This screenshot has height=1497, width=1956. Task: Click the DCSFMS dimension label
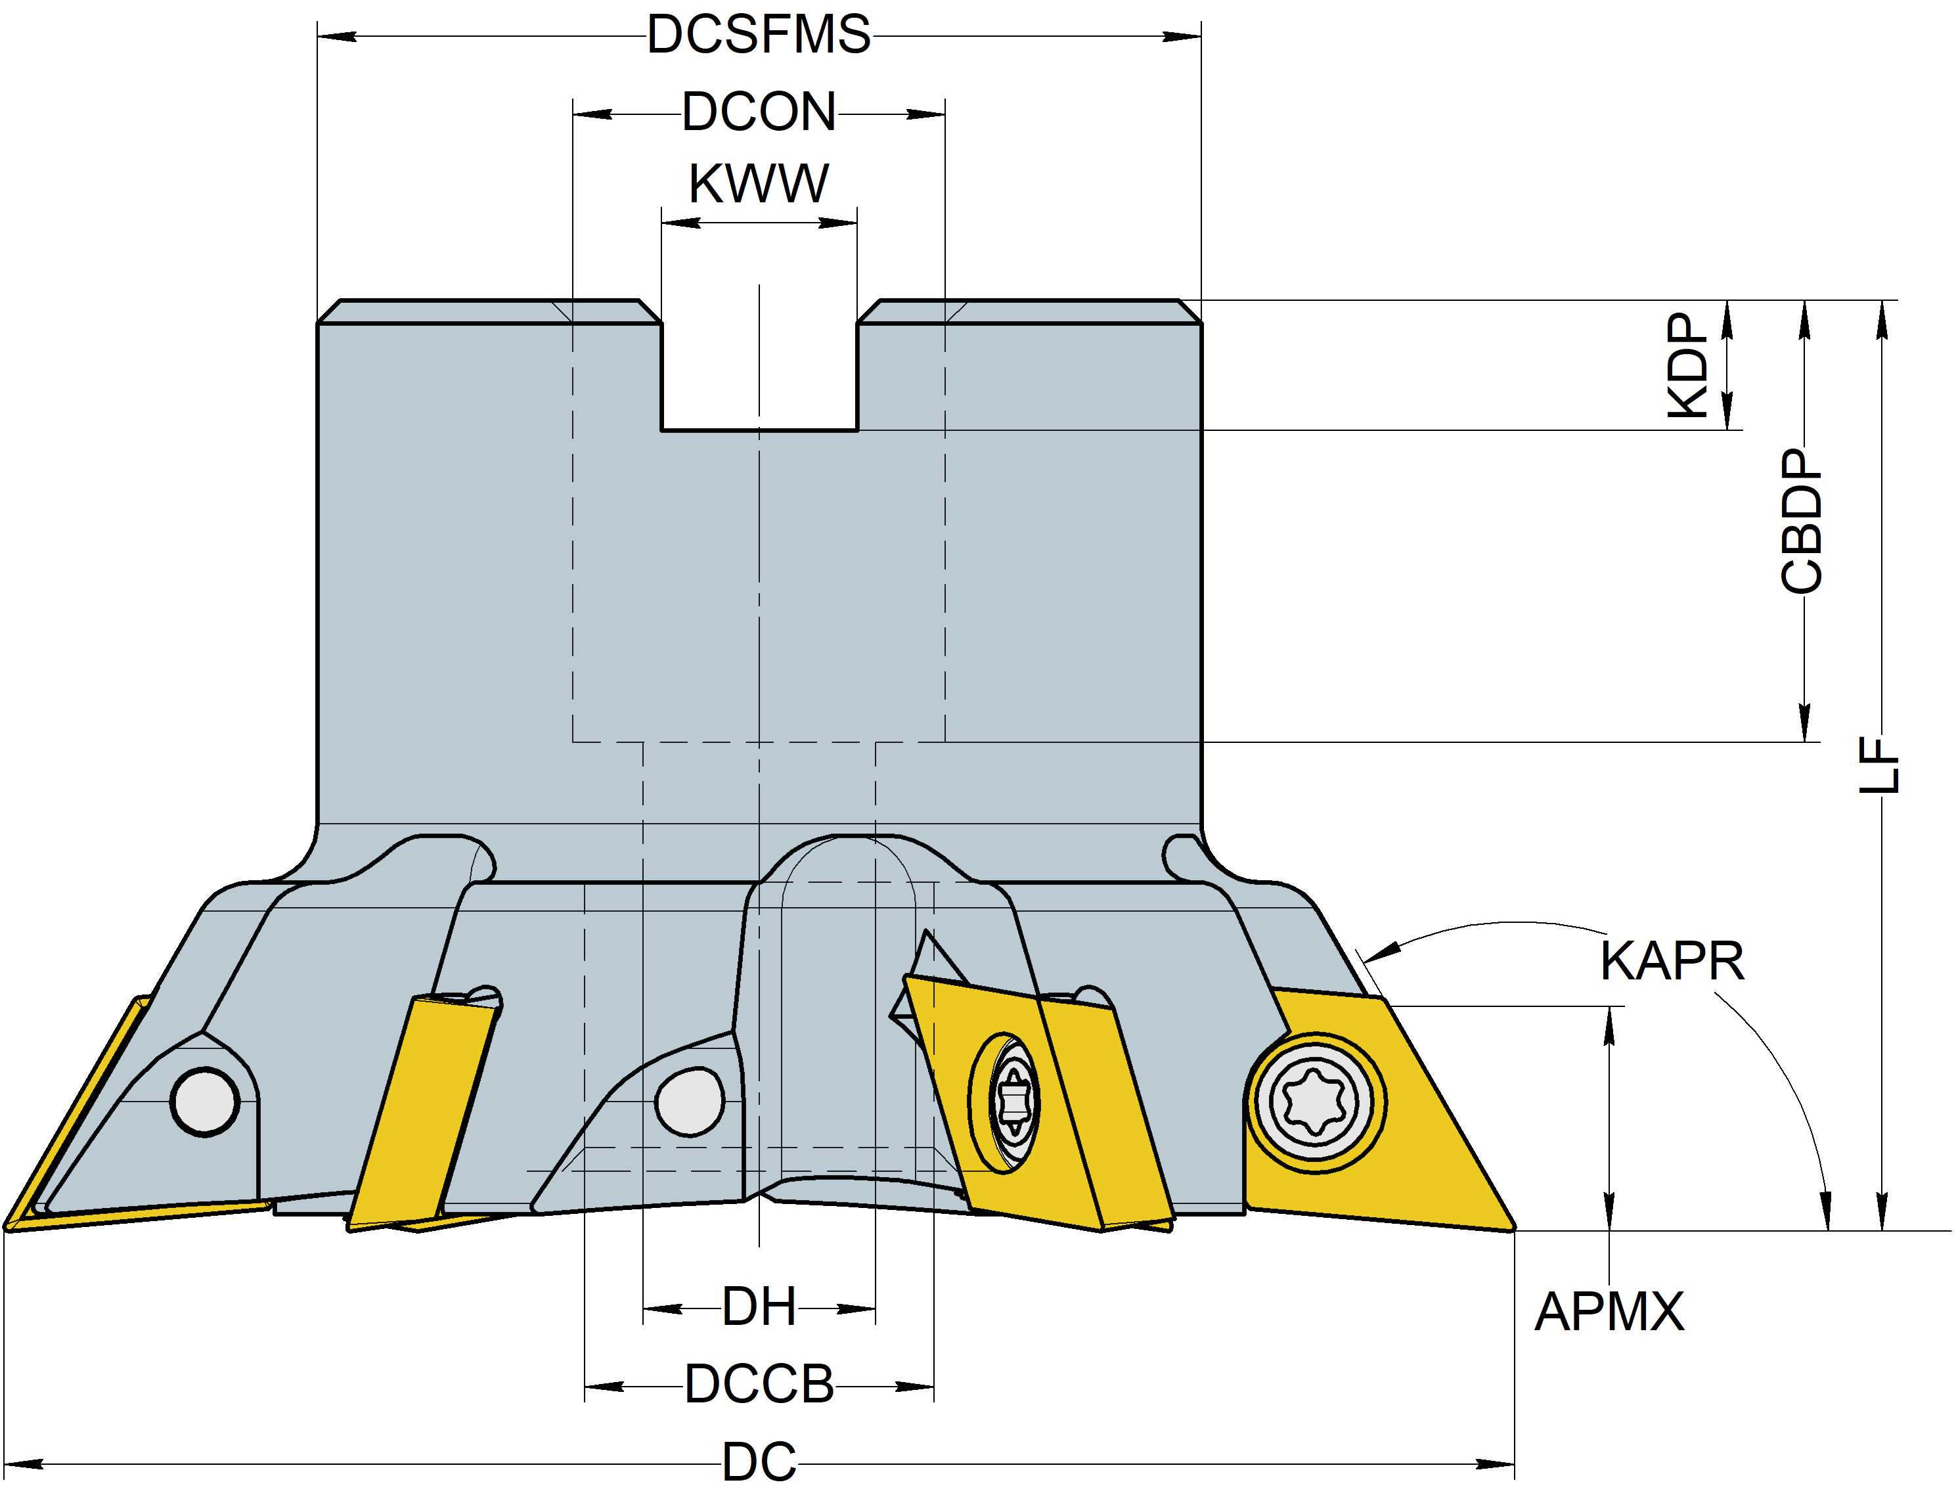[759, 35]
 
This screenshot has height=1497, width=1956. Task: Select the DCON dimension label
[759, 113]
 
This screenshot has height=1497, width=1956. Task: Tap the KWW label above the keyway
[759, 185]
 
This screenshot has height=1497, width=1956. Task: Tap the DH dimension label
[759, 1308]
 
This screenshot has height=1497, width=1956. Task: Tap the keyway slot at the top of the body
[759, 365]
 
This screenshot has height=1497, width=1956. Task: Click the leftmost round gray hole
[206, 1102]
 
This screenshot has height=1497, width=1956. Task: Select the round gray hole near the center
[689, 1102]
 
